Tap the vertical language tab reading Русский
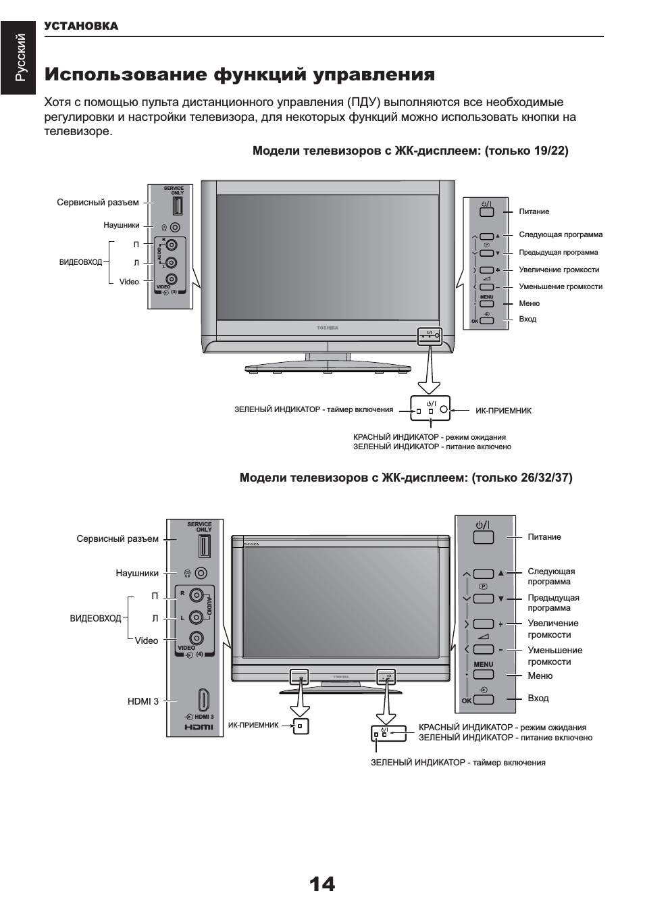point(22,57)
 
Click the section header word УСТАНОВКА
point(81,26)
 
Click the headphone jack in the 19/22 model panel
point(175,228)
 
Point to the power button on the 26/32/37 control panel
point(484,537)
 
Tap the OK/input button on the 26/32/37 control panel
point(484,700)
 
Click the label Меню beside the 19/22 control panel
point(529,303)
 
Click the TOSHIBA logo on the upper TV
point(328,328)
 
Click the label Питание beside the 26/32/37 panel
point(544,537)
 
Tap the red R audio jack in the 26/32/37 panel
point(197,595)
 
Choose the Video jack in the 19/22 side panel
point(172,278)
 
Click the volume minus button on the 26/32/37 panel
point(484,649)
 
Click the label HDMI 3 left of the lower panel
point(143,701)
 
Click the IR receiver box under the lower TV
point(301,726)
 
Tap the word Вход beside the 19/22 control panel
point(527,319)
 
